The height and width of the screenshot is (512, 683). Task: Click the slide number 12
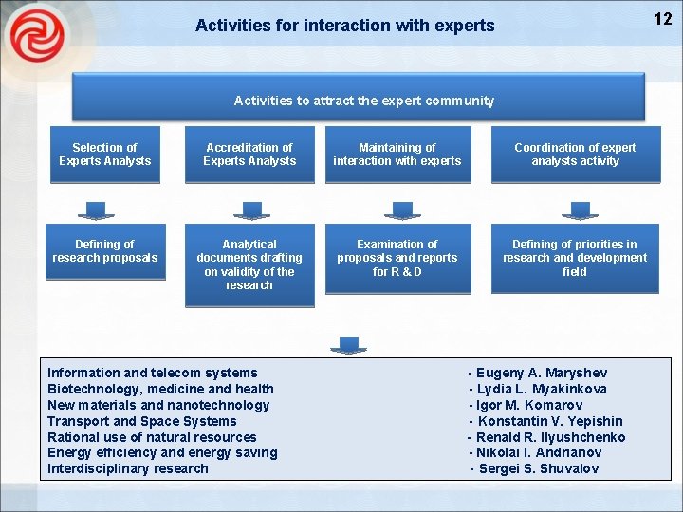pyautogui.click(x=662, y=19)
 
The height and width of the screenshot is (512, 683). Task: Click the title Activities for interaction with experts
pyautogui.click(x=344, y=26)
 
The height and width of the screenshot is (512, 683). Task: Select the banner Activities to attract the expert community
pyautogui.click(x=363, y=100)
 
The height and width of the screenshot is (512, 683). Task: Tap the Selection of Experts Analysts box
pyautogui.click(x=104, y=155)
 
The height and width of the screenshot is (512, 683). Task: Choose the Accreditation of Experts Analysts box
pyautogui.click(x=249, y=155)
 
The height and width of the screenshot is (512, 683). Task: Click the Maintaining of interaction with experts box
pyautogui.click(x=397, y=155)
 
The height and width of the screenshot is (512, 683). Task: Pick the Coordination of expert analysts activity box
pyautogui.click(x=575, y=155)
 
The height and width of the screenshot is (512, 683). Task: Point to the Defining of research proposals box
pyautogui.click(x=104, y=252)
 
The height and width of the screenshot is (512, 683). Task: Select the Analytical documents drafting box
pyautogui.click(x=249, y=265)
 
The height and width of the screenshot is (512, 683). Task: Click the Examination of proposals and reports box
pyautogui.click(x=397, y=258)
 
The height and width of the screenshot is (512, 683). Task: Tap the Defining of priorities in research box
pyautogui.click(x=575, y=258)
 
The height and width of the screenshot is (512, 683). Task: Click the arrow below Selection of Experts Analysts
pyautogui.click(x=96, y=210)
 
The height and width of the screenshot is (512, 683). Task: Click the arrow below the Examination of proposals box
pyautogui.click(x=349, y=344)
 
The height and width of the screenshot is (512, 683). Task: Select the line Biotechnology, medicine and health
pyautogui.click(x=160, y=389)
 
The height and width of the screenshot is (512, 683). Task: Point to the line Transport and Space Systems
pyautogui.click(x=142, y=421)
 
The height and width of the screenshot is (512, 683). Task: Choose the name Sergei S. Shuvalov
pyautogui.click(x=536, y=468)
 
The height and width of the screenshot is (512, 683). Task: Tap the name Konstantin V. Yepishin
pyautogui.click(x=548, y=421)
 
